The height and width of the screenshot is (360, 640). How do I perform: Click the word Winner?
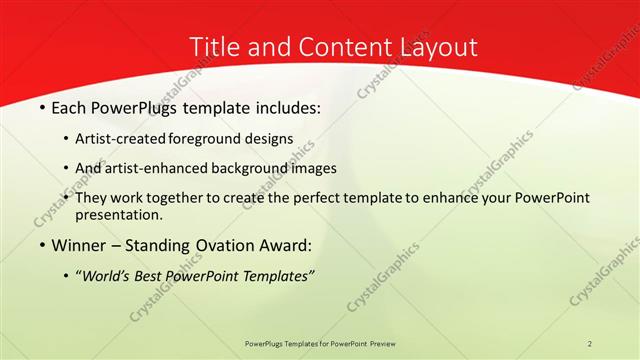[77, 245]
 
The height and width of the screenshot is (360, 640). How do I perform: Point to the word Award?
[286, 245]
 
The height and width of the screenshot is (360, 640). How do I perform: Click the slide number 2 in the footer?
[590, 343]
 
